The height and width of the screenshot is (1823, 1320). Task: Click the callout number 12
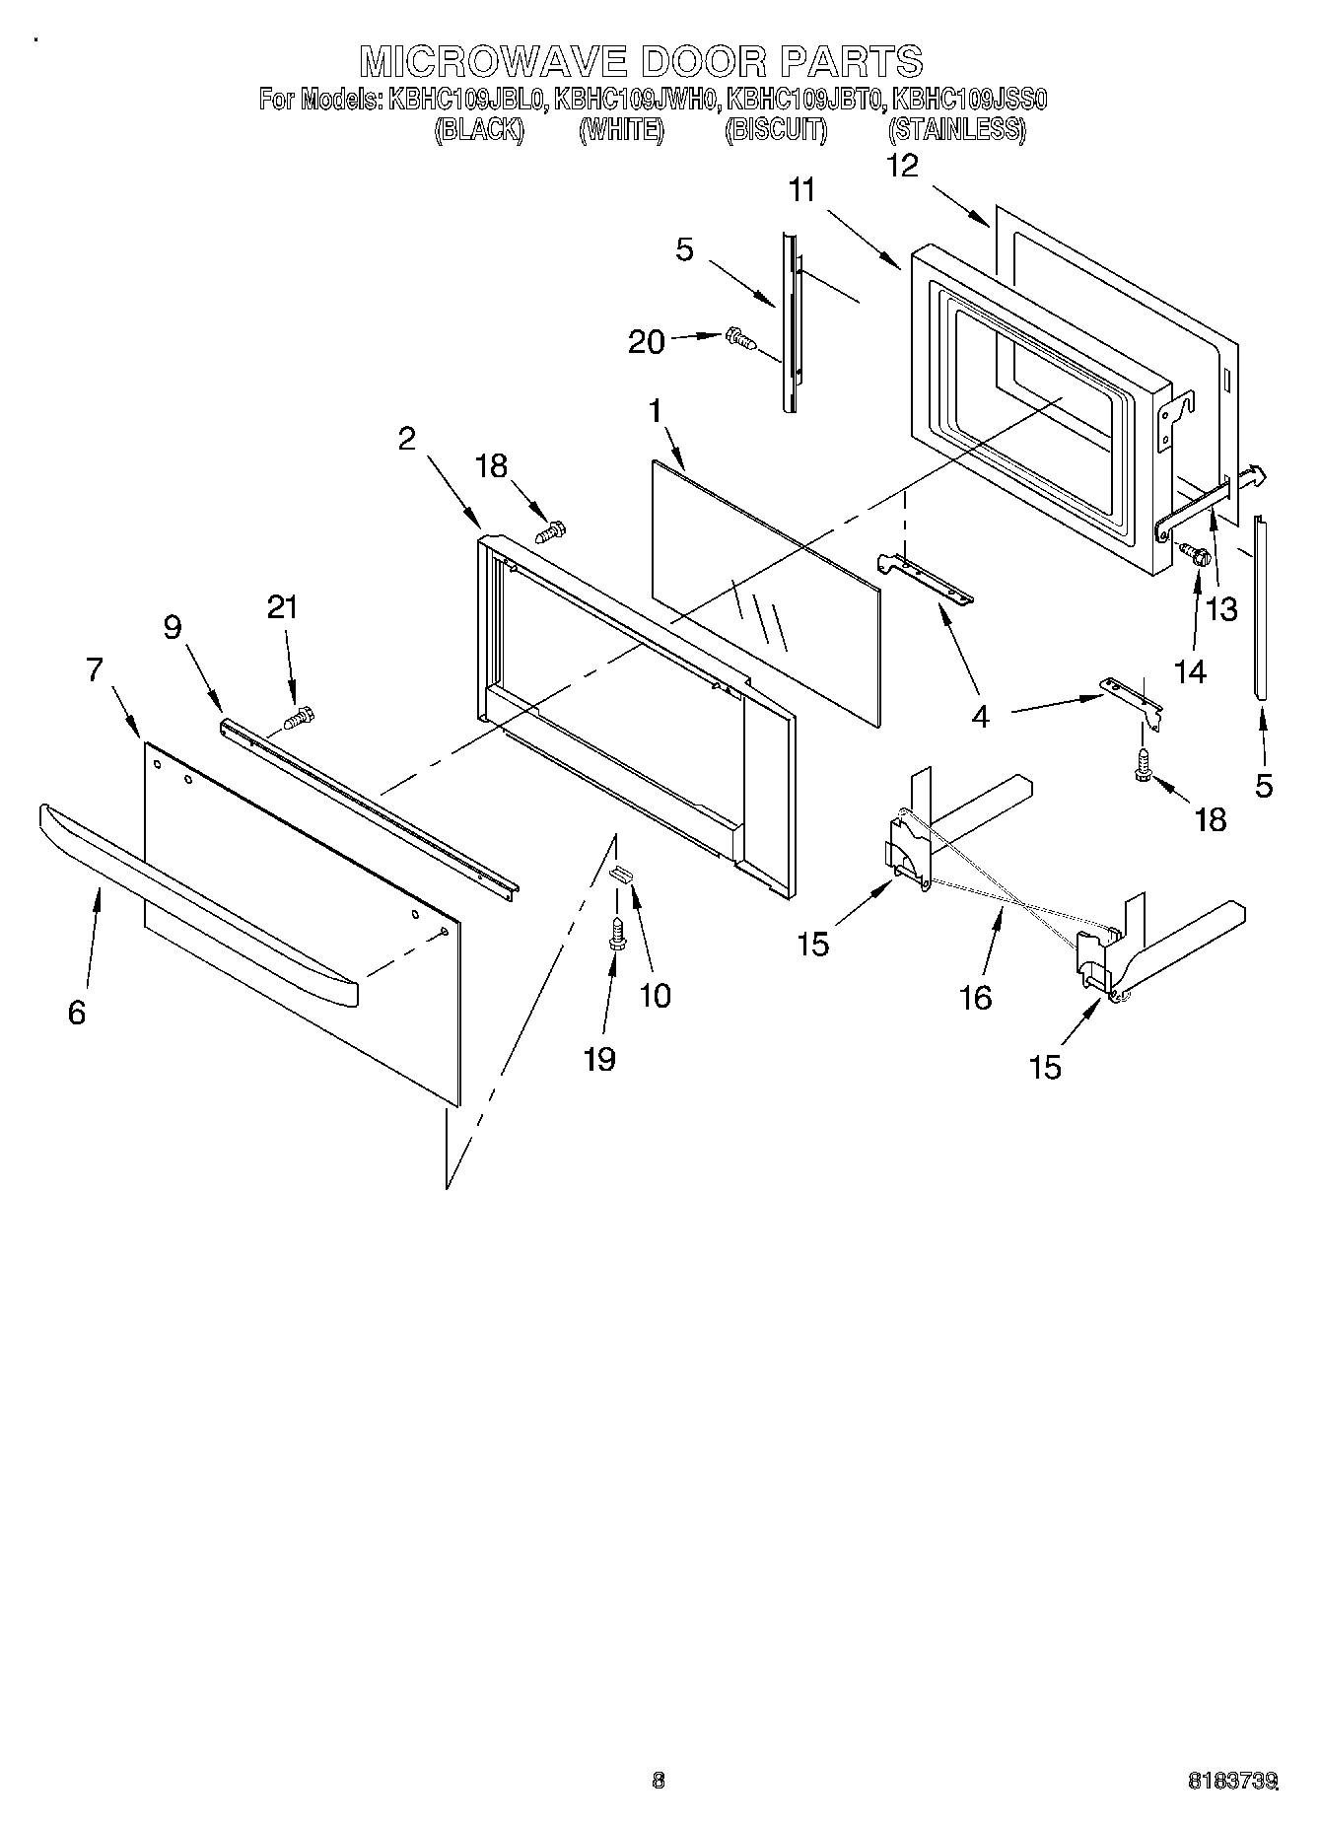pos(902,166)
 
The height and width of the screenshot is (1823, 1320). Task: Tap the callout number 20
pos(647,342)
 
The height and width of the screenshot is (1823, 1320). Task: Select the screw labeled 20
pos(739,339)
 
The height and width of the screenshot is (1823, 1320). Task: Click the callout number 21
pos(283,607)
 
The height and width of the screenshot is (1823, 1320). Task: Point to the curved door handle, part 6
pos(197,902)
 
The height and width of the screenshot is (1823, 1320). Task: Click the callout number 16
pos(975,998)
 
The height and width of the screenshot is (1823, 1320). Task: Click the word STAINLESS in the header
pos(956,130)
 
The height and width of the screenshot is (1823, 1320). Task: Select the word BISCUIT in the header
pos(776,130)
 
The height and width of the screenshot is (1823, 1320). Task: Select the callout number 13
pos(1221,609)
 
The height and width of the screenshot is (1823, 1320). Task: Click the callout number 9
pos(173,627)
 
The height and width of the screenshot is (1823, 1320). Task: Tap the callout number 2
pos(407,439)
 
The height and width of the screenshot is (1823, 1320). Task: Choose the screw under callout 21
pos(299,719)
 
